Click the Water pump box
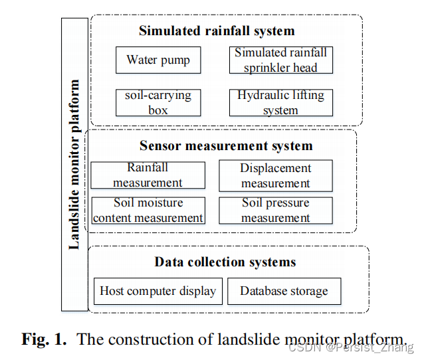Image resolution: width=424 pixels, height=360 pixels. [x=158, y=60]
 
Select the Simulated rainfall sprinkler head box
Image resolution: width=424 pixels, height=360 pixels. [x=281, y=60]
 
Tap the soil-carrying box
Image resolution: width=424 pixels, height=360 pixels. [x=158, y=102]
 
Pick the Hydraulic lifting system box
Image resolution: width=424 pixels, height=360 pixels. [x=281, y=102]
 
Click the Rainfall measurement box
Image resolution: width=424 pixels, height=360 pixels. [x=148, y=175]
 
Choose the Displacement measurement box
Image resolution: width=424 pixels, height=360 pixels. [x=276, y=175]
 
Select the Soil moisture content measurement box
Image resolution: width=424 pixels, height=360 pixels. [x=148, y=210]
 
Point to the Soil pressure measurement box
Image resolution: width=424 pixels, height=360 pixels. [x=276, y=210]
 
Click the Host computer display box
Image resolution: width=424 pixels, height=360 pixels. [x=158, y=291]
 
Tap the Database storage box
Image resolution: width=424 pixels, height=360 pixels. [x=284, y=291]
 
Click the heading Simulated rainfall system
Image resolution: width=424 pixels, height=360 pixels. [x=217, y=31]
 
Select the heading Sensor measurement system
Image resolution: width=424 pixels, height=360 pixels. [x=226, y=145]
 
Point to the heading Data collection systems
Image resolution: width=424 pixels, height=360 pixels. [x=225, y=262]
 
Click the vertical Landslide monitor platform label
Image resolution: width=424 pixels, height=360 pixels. [x=74, y=165]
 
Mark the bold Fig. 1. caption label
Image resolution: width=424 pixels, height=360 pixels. [x=45, y=339]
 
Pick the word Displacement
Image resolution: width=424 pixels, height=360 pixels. [x=276, y=168]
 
